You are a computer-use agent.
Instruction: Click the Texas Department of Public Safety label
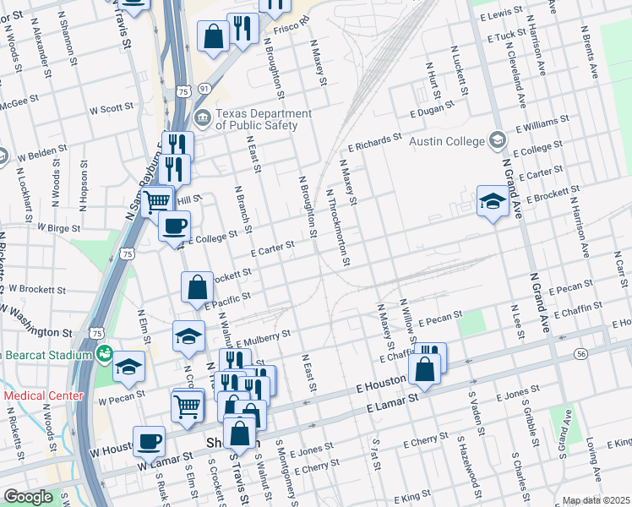click(257, 119)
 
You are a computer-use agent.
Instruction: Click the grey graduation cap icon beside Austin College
click(497, 140)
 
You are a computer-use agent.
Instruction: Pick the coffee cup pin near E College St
click(175, 226)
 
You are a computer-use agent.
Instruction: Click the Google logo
click(28, 497)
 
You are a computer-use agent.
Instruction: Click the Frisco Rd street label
click(292, 26)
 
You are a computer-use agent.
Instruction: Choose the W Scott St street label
click(106, 109)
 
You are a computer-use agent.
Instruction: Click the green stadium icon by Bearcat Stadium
click(104, 355)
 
